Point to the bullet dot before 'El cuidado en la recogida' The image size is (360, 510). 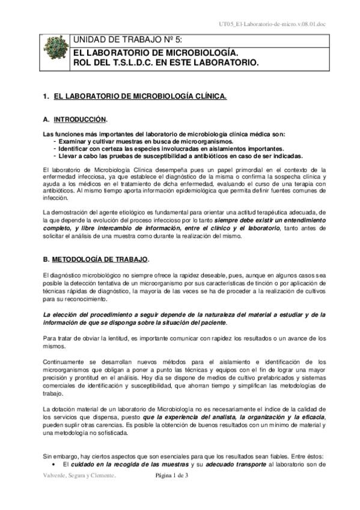tap(55, 464)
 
